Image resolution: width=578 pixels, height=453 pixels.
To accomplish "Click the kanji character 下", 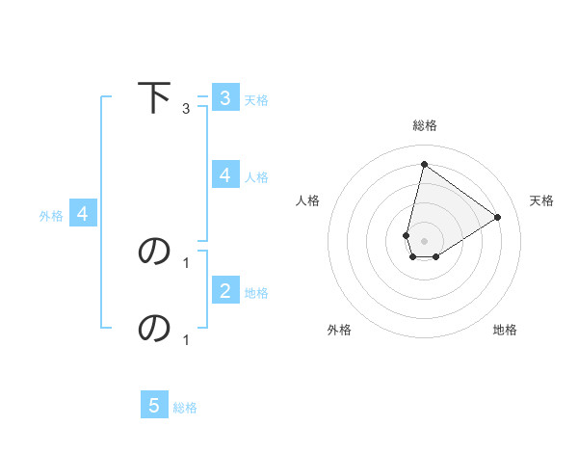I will pos(154,97).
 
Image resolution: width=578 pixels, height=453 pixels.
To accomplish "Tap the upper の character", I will pos(154,251).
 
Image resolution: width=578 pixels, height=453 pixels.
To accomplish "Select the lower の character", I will pos(154,328).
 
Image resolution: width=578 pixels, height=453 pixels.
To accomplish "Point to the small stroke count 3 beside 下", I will pos(186,109).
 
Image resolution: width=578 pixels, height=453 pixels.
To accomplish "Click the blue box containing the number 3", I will pos(224,97).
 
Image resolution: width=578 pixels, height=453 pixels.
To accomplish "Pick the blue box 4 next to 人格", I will pos(224,174).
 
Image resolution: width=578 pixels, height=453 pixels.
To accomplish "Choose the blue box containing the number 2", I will pos(224,290).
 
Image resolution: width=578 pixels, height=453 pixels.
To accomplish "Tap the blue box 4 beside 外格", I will pos(83,214).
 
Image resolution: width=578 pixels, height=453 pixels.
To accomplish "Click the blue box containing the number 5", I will pos(154,406).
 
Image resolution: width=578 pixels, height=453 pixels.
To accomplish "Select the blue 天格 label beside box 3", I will pos(256,99).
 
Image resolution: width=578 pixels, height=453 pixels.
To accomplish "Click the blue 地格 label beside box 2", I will pos(256,292).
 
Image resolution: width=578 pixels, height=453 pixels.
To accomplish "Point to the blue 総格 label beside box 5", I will pos(185,408).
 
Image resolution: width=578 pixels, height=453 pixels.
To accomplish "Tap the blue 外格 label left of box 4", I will pos(51,216).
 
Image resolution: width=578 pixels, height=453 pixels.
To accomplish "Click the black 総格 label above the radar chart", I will pos(425,125).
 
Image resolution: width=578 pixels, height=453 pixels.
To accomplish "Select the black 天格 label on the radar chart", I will pos(541,200).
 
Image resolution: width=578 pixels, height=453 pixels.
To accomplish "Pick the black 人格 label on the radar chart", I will pos(308,200).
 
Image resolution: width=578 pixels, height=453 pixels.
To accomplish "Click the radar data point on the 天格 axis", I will pos(498,217).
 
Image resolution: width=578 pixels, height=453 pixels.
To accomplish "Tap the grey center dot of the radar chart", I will pos(425,241).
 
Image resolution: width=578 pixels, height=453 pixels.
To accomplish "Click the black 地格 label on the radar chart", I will pos(505,330).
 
